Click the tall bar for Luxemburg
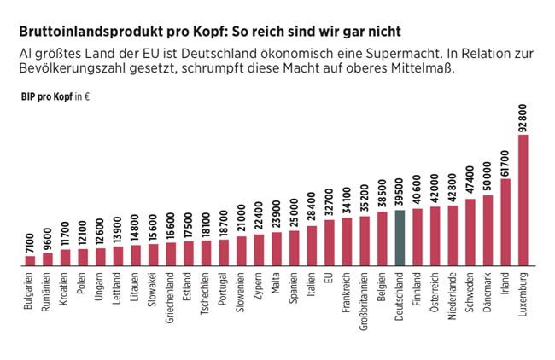(x=523, y=200)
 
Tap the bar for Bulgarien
(x=30, y=260)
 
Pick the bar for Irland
(x=505, y=222)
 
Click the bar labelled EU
(x=329, y=242)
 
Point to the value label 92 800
(x=523, y=115)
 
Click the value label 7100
(x=30, y=241)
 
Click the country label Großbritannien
(x=365, y=299)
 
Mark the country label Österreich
(x=435, y=293)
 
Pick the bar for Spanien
(x=294, y=248)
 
